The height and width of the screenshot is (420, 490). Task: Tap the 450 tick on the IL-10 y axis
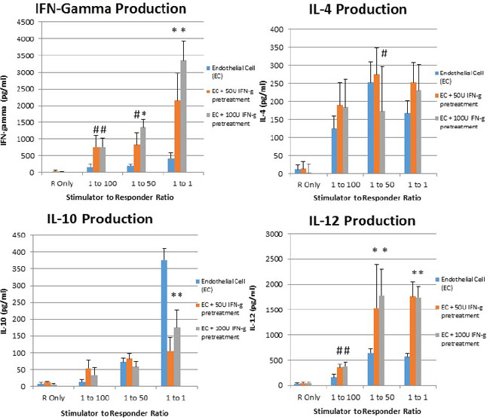[x=20, y=234]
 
